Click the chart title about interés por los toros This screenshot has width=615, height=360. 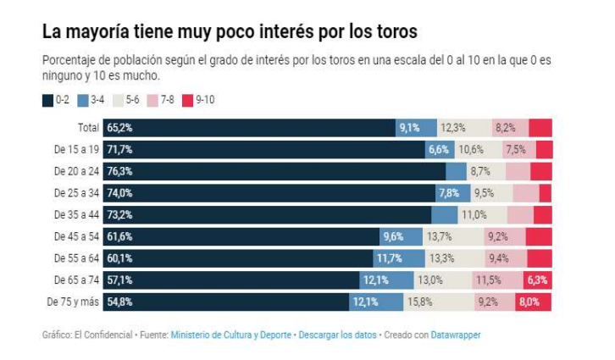click(x=230, y=32)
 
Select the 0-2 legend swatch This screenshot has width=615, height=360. click(x=48, y=100)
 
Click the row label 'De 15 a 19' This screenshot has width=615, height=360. click(x=77, y=149)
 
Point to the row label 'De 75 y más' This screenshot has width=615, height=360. click(x=74, y=302)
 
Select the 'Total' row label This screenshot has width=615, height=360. click(x=87, y=128)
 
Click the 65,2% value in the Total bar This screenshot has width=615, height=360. click(x=119, y=128)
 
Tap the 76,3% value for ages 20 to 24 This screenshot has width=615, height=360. click(x=119, y=171)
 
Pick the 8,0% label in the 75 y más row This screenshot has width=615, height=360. click(x=529, y=302)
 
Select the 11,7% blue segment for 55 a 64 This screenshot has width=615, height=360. click(x=390, y=258)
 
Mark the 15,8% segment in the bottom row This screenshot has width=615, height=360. click(x=421, y=302)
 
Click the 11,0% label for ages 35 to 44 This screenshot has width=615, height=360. click(x=474, y=215)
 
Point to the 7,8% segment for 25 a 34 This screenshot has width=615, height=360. click(x=448, y=193)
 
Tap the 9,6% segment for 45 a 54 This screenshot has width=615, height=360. click(x=393, y=236)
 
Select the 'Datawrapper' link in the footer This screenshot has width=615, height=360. click(x=455, y=335)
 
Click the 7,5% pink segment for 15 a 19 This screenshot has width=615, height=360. click(x=515, y=149)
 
